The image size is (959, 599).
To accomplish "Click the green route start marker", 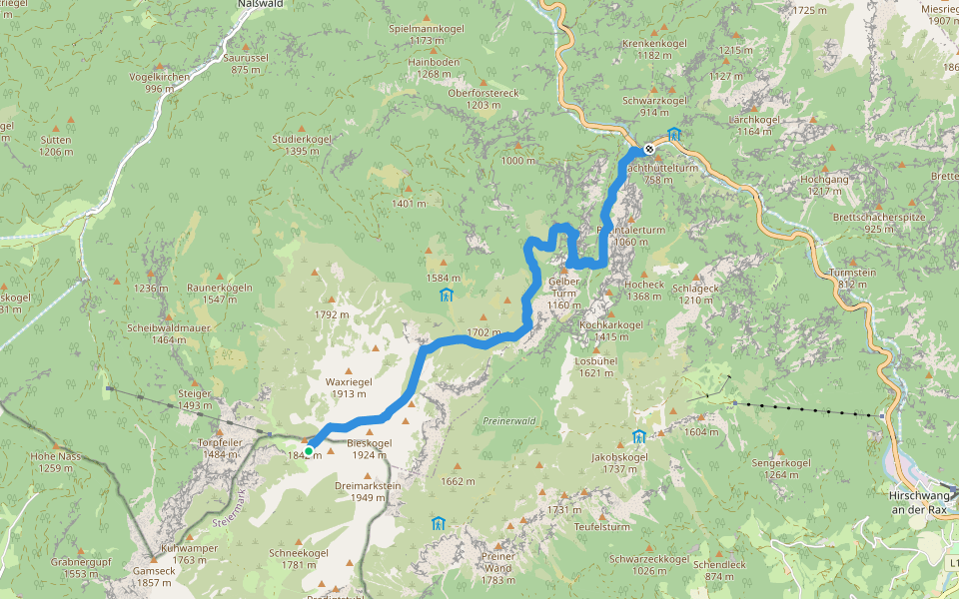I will coord(309,451).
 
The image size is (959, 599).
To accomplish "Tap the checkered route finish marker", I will coord(649,149).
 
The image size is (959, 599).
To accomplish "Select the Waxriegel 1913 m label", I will coord(348,387).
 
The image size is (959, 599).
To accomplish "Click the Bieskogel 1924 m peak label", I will coord(369,448).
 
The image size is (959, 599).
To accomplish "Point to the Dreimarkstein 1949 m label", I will coord(368,491).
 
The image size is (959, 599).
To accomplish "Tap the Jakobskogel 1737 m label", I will coord(620,462).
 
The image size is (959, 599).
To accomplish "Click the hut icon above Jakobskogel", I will coord(638,436).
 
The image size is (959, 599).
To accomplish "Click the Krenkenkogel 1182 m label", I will coord(654,50).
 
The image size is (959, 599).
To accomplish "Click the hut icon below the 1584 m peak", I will coord(446,295).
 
